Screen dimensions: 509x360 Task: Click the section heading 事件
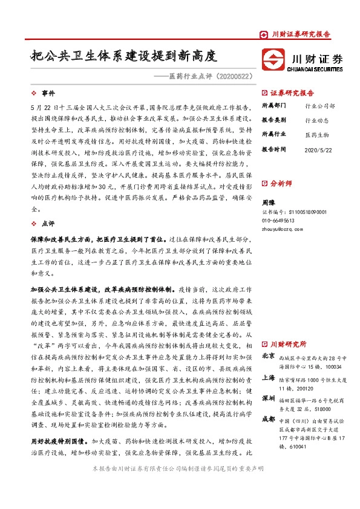coord(48,94)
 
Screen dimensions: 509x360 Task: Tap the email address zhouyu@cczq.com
coord(281,230)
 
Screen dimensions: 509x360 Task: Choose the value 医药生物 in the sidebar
coord(316,134)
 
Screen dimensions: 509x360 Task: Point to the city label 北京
coord(269,356)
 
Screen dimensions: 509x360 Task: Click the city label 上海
coord(269,377)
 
